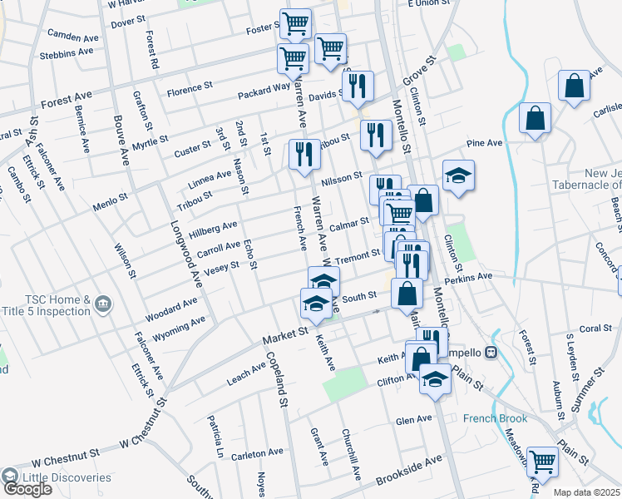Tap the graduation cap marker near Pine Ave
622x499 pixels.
pos(457,175)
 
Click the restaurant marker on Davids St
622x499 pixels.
pos(358,85)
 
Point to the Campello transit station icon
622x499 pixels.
pos(491,352)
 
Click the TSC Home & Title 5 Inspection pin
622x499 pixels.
pos(103,301)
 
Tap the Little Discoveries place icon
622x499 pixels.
pos(11,477)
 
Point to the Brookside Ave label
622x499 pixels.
pos(409,471)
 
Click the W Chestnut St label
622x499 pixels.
pos(67,457)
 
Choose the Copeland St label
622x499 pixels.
pos(277,378)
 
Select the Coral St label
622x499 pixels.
pos(595,329)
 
